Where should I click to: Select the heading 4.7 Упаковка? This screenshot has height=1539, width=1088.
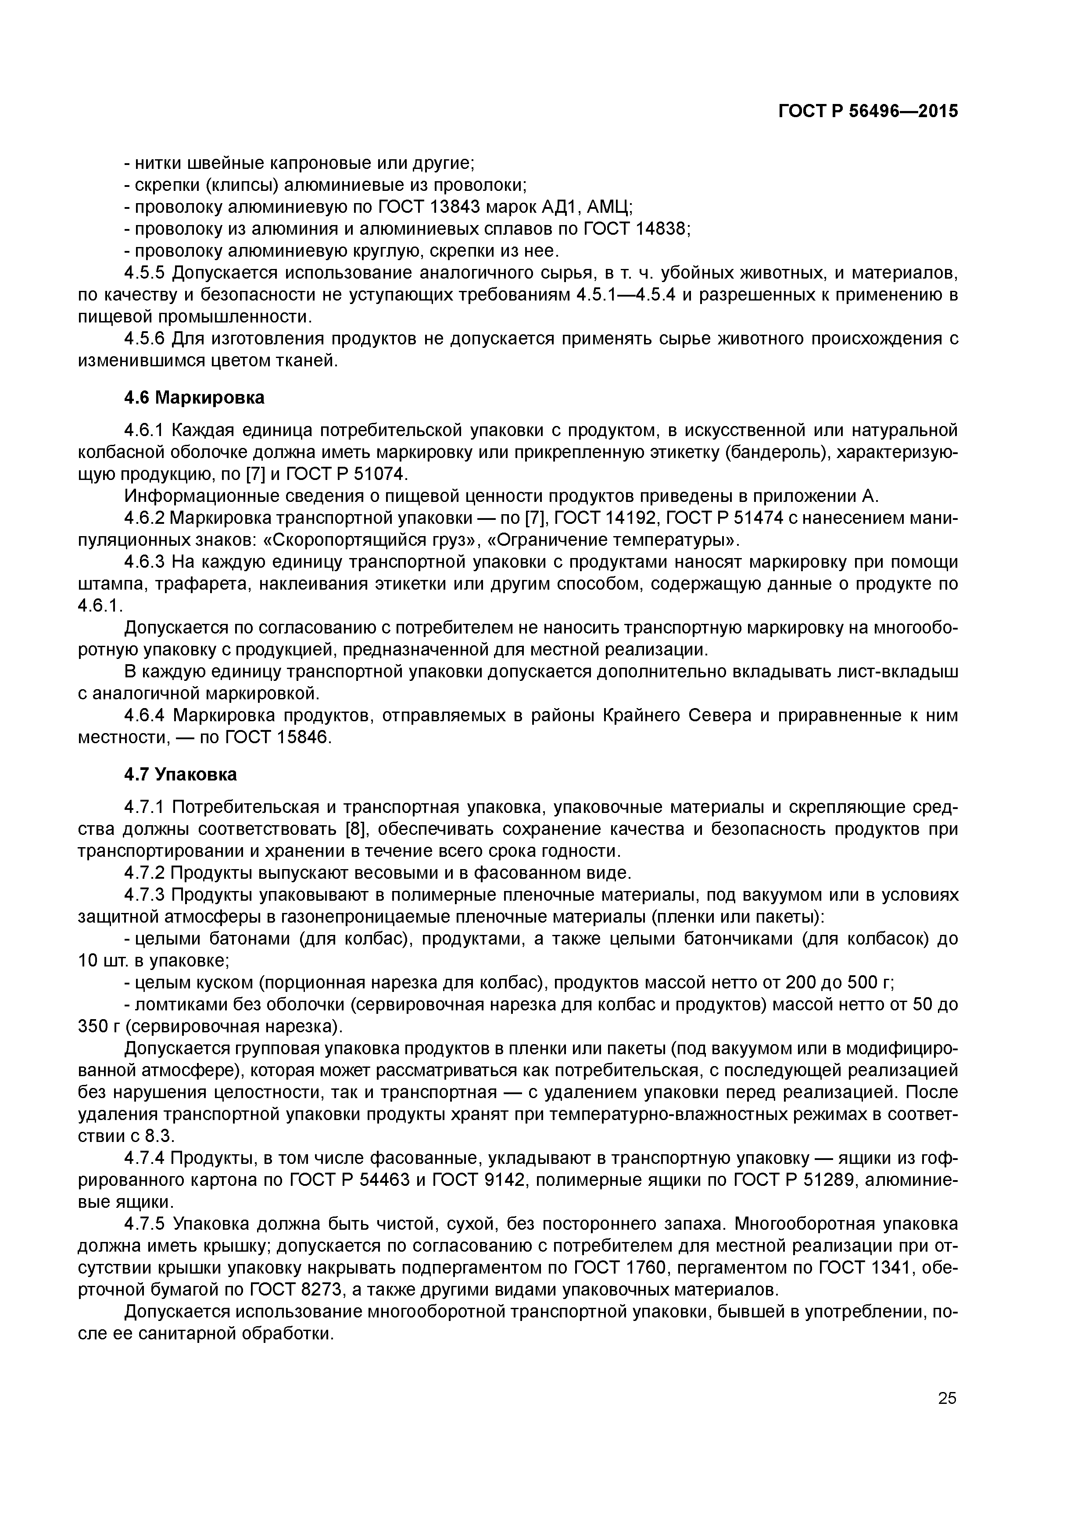(181, 774)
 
